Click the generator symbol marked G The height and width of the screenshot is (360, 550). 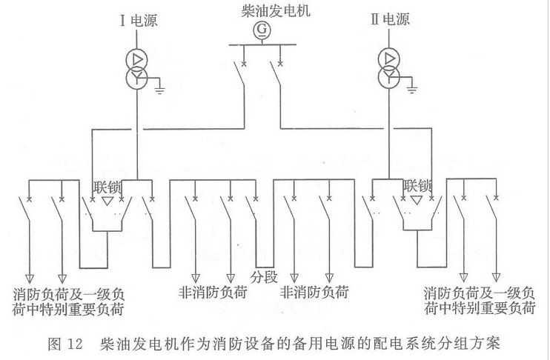tap(261, 30)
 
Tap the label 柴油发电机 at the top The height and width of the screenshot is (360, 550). tap(261, 10)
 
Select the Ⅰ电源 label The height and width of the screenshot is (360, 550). tap(138, 20)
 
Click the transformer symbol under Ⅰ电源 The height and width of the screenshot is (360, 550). tap(138, 68)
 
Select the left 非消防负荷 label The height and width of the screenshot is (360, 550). tap(213, 292)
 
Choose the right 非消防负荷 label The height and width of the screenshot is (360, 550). tap(314, 292)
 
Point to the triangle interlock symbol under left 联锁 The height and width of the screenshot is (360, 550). tap(108, 201)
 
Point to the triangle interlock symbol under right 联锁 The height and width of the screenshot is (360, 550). tap(418, 201)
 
